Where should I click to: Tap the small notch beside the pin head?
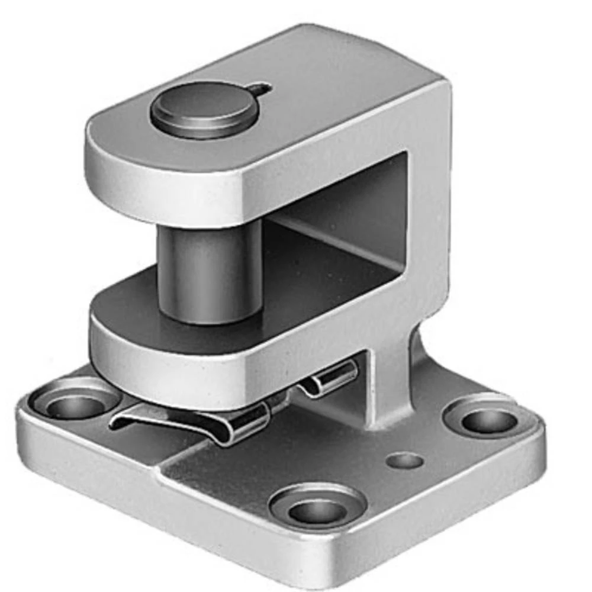(x=261, y=90)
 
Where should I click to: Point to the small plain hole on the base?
(x=404, y=460)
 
